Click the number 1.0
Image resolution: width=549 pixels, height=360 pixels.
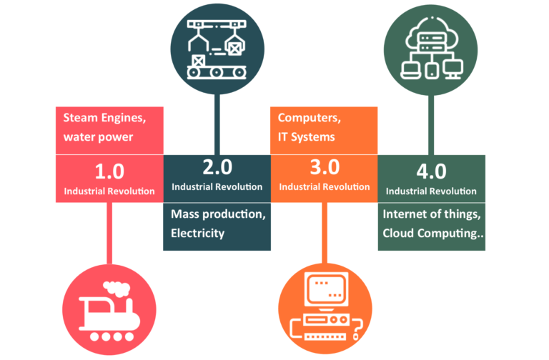coord(109,171)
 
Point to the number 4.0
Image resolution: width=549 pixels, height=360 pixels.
coord(431,171)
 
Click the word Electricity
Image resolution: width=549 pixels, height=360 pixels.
coord(197,233)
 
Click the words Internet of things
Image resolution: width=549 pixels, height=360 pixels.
coord(430,214)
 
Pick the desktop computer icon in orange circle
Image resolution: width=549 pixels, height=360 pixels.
coord(324,308)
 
